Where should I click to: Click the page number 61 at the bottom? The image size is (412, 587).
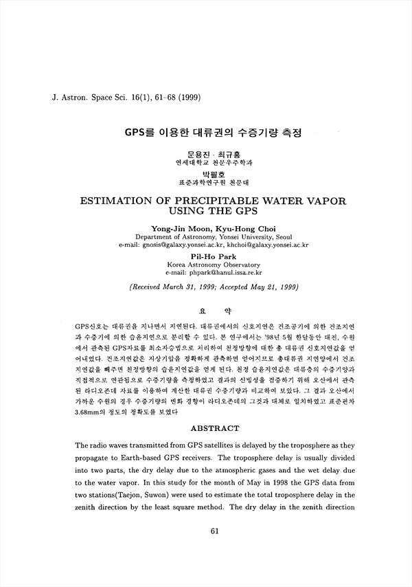coord(214,530)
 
